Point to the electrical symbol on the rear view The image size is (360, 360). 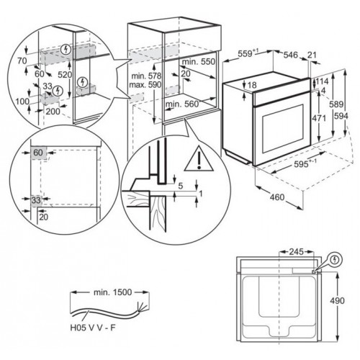(x=336, y=260)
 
